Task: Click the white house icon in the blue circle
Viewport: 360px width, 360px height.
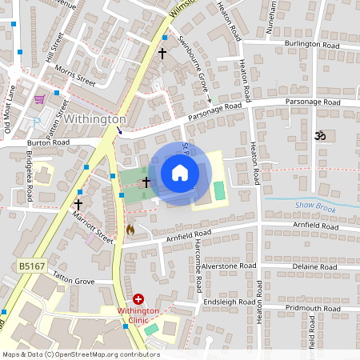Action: pyautogui.click(x=179, y=173)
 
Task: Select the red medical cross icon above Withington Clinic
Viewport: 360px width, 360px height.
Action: pyautogui.click(x=138, y=298)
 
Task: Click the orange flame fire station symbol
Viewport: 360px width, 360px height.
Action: pyautogui.click(x=130, y=230)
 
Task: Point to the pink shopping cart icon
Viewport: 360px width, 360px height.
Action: pyautogui.click(x=39, y=98)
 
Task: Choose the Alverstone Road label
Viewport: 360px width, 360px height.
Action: pyautogui.click(x=228, y=266)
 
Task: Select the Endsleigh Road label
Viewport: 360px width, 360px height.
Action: pyautogui.click(x=228, y=302)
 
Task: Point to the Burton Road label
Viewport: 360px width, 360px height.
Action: pyautogui.click(x=48, y=142)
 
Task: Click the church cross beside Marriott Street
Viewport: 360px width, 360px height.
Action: pyautogui.click(x=78, y=205)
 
